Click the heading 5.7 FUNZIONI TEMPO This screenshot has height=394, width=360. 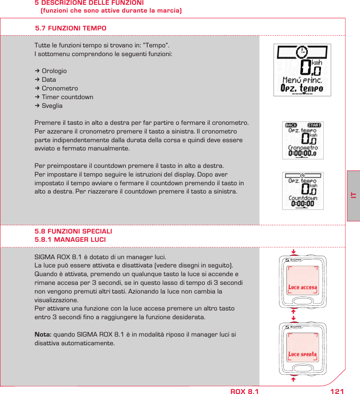point(71,28)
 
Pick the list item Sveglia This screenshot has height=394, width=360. point(52,106)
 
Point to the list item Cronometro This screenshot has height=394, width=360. point(60,88)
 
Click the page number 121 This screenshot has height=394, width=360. point(337,391)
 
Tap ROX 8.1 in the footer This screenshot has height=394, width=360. point(244,391)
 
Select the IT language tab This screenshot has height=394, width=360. point(353,195)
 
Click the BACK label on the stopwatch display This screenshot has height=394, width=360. point(291,125)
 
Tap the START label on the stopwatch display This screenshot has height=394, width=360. point(314,125)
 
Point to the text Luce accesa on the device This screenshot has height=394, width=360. point(303,287)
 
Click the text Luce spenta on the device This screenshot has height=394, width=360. point(303,354)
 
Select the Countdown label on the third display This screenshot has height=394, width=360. point(303,198)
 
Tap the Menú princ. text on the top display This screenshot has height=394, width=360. point(302,80)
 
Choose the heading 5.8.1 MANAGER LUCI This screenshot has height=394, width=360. point(70,240)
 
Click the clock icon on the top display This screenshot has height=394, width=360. point(301,52)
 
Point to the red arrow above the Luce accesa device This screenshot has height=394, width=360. point(293,251)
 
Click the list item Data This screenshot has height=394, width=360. point(49,80)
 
